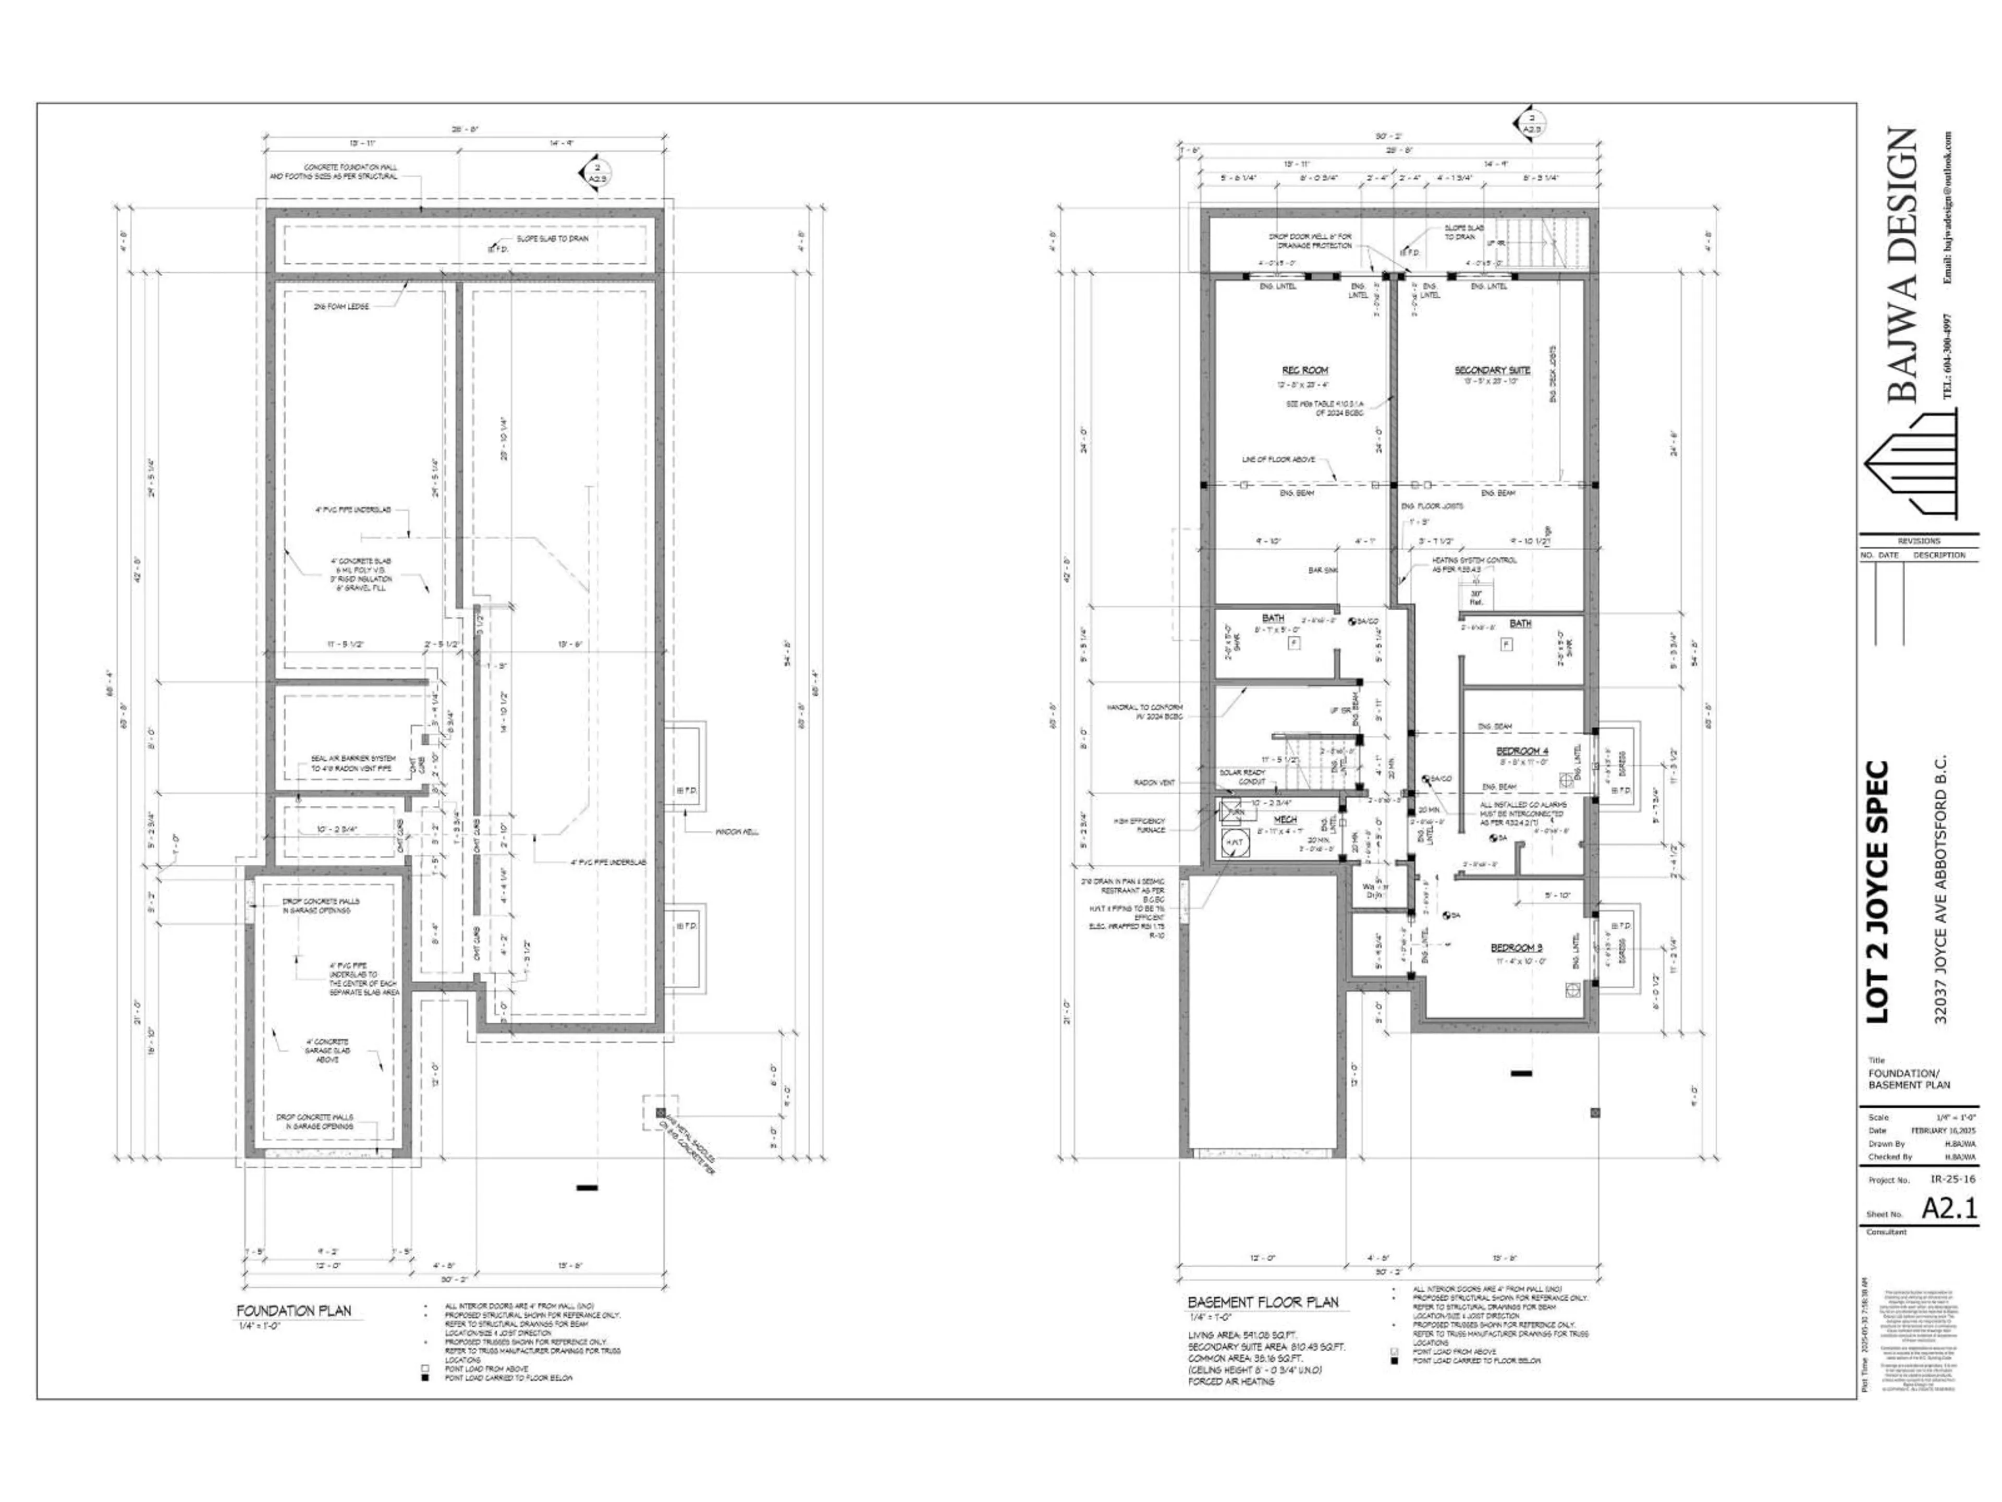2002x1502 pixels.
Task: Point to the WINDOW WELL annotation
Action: click(737, 832)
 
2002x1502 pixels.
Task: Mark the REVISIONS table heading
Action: click(1919, 540)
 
